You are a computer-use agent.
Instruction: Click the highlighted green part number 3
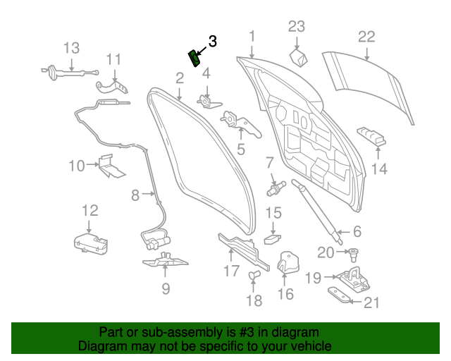tap(192, 57)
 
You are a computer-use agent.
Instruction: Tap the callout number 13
tap(72, 48)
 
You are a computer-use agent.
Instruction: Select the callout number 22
tap(367, 37)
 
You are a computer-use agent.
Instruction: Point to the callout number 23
tap(297, 27)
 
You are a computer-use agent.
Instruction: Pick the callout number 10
tap(76, 166)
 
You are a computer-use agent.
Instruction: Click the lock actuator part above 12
tap(91, 243)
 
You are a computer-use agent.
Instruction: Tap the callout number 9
tap(166, 288)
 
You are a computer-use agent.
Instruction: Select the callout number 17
tap(232, 270)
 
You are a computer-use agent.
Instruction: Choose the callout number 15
tap(273, 213)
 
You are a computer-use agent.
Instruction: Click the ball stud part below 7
tap(275, 189)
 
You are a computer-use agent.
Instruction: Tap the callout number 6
tap(357, 231)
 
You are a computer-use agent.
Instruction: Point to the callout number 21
tap(371, 302)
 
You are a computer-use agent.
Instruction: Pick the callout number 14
tap(379, 169)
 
